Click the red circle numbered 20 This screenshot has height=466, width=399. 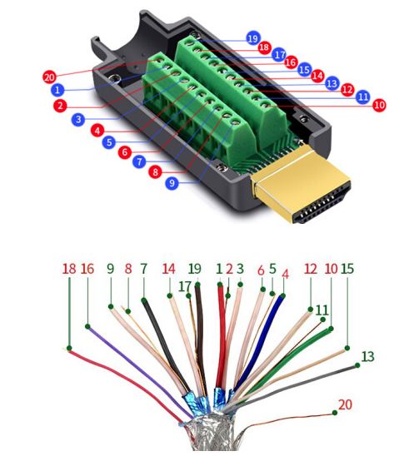tap(49, 77)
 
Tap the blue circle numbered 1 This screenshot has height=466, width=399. tap(57, 90)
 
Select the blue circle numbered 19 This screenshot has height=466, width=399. tap(253, 38)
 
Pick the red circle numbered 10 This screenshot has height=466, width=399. tap(379, 105)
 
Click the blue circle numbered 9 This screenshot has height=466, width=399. tap(172, 183)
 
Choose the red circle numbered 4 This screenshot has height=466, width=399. tap(97, 130)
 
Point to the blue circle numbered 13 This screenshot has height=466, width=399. tap(332, 83)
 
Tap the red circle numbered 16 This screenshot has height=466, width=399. tap(291, 62)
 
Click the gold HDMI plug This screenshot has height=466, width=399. tap(301, 185)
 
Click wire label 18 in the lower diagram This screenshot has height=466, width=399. tap(69, 269)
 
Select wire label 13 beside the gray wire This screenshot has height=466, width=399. tap(367, 356)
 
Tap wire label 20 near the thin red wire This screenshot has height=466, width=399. tap(345, 404)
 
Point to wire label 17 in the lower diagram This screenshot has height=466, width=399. tap(184, 287)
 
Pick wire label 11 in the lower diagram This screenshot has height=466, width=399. tap(322, 310)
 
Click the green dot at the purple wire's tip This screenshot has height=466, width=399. tap(87, 326)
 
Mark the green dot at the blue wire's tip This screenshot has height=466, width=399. tap(283, 295)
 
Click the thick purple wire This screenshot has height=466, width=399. tap(140, 371)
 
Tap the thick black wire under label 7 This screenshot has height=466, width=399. tap(165, 345)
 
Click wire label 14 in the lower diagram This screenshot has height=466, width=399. tap(169, 269)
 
